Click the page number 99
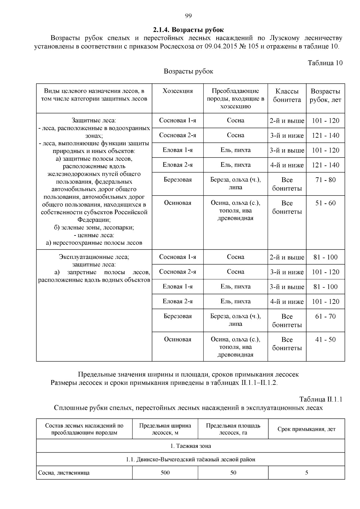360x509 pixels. (188, 16)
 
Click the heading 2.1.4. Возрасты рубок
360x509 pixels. (188, 30)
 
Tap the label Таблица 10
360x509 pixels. (325, 63)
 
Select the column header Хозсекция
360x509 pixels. (178, 91)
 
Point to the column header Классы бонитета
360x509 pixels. (287, 95)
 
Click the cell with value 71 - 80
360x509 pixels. (325, 180)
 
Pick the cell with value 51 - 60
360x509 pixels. (325, 203)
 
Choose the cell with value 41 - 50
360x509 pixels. (325, 340)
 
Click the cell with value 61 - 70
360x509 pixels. (325, 316)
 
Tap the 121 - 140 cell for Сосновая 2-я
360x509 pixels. (325, 136)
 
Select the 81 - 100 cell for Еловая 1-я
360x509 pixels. (325, 287)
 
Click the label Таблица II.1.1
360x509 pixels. (321, 400)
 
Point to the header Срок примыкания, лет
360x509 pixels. (306, 429)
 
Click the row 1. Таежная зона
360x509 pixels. (190, 446)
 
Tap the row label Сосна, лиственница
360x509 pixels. (64, 473)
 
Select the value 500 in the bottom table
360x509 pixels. (165, 473)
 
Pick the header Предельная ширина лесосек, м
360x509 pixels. (165, 429)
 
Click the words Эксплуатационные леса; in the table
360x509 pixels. (94, 257)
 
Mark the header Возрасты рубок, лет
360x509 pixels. (325, 95)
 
